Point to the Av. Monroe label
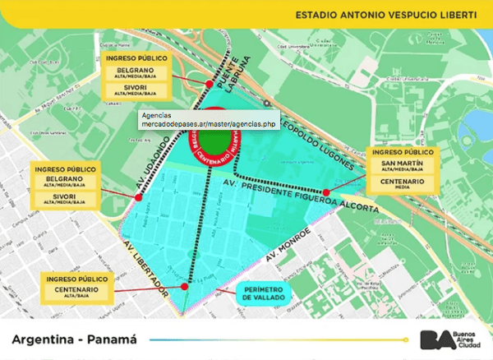click(x=287, y=245)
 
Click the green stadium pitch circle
click(x=216, y=137)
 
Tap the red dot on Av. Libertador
click(x=187, y=287)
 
